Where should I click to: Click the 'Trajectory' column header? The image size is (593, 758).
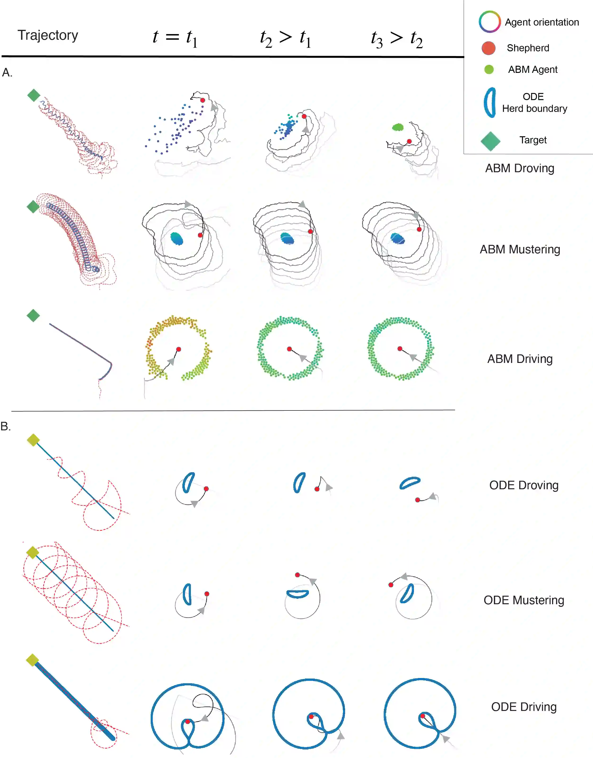coord(48,35)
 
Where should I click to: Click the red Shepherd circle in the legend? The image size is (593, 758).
coord(488,48)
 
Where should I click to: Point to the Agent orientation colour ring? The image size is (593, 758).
coord(490,22)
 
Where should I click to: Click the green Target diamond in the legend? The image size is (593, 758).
coord(490,141)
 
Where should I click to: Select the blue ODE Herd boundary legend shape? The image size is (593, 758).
coord(490,102)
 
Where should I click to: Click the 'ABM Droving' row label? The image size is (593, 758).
coord(519,168)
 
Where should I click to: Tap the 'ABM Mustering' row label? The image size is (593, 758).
coord(520,249)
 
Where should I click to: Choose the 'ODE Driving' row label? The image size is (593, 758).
coord(523,707)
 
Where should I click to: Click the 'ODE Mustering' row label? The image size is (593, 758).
coord(523,600)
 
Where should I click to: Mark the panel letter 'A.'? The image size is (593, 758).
coord(7,73)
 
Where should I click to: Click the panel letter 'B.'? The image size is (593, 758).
coord(5,426)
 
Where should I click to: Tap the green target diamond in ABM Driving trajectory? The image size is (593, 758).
coord(33,316)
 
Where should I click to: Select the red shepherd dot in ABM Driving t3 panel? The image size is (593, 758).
coord(400,348)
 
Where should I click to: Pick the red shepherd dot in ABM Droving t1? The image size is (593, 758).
coord(203,100)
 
